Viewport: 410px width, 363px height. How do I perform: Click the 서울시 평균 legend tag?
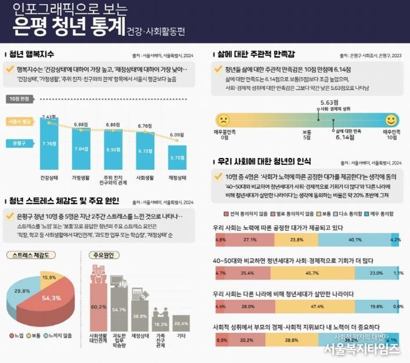(x=19, y=122)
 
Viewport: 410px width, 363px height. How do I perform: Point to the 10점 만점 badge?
(x=19, y=99)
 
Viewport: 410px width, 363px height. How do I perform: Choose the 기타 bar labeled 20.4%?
(x=181, y=323)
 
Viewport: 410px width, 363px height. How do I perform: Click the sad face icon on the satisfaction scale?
(x=222, y=120)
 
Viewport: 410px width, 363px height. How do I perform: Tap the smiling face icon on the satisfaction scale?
(x=391, y=120)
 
